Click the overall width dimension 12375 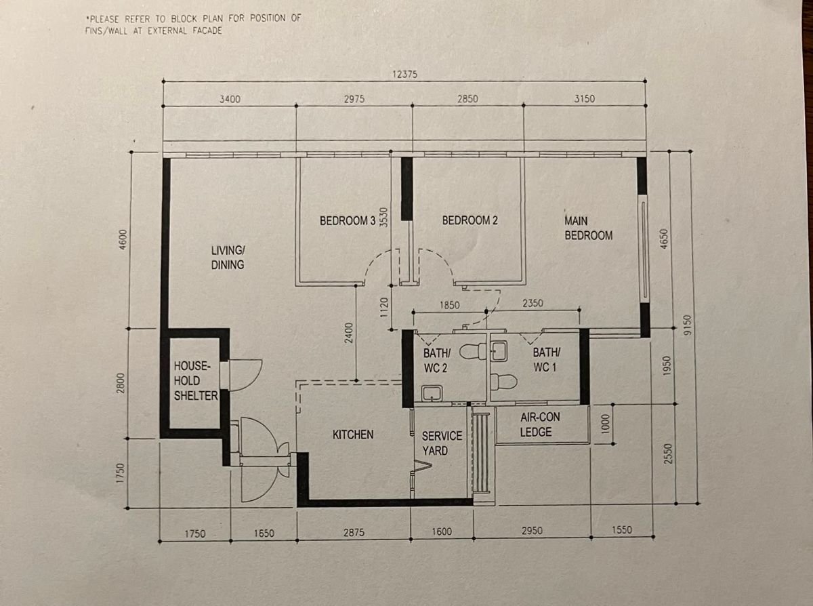405,75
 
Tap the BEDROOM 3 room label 348,221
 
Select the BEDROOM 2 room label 470,220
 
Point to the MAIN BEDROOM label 588,228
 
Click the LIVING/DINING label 228,258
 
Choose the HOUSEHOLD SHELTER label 196,381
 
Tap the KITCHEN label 353,435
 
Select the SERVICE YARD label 442,443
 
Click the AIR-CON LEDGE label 540,424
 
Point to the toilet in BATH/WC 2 473,352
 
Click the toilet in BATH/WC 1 503,382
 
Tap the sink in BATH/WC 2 432,394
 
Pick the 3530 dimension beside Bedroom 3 383,218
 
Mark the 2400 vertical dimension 349,333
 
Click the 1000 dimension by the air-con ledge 606,424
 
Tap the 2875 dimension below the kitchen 354,532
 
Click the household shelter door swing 245,375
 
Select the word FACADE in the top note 207,31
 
